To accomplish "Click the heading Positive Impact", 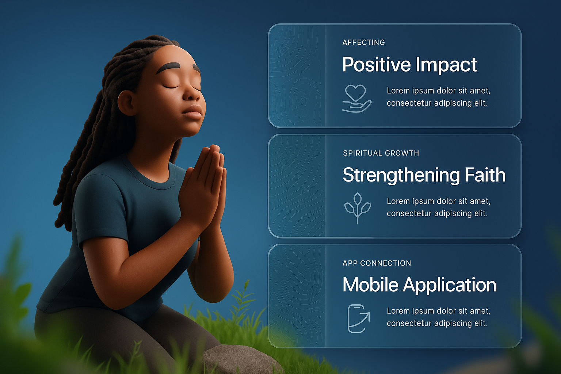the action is (x=409, y=65).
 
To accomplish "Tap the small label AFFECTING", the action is (x=364, y=43).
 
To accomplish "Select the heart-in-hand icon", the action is (x=356, y=99).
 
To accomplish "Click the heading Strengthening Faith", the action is (x=424, y=175).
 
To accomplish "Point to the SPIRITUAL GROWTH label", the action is (x=381, y=153).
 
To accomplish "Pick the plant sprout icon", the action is (x=358, y=208).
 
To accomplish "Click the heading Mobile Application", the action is (x=419, y=285).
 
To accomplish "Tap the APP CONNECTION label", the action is (x=377, y=263).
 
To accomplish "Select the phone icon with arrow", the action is (x=359, y=318).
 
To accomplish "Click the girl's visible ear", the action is (x=127, y=103).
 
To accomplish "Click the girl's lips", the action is (x=192, y=112).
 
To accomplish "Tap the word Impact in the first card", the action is (x=446, y=65).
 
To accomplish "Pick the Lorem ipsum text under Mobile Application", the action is (x=438, y=317).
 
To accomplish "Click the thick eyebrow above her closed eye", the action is (x=168, y=68).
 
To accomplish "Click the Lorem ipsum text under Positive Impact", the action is (x=438, y=97).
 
